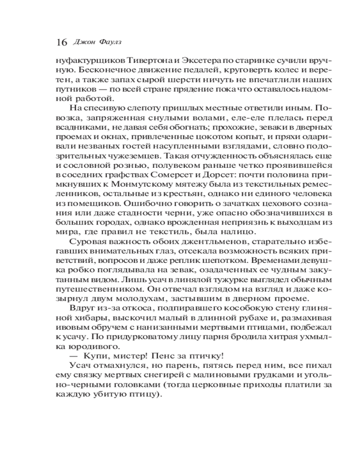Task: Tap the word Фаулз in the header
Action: (x=110, y=42)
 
